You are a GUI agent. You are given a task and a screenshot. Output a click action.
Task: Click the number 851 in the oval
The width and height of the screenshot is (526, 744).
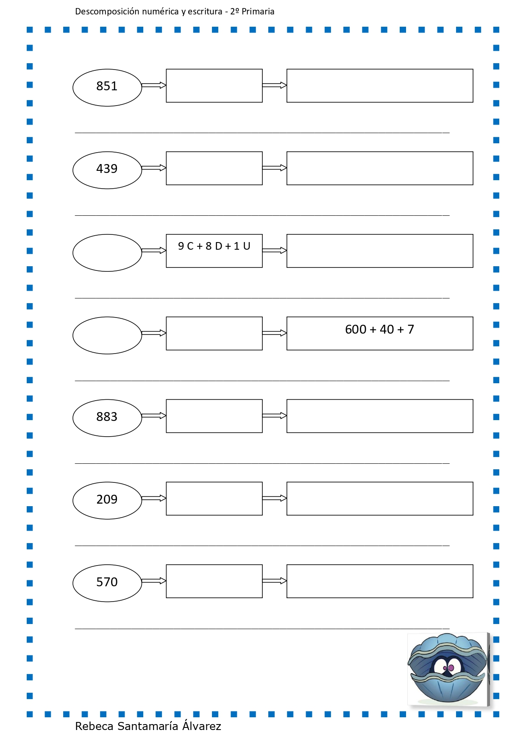107,86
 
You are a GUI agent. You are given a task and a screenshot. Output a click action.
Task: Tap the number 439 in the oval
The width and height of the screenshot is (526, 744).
107,169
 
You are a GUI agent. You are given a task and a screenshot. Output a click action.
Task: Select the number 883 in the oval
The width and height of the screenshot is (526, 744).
107,417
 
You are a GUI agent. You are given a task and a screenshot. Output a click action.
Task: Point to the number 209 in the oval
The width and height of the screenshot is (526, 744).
107,499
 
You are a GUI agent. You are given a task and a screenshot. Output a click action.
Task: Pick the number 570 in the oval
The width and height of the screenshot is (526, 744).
107,582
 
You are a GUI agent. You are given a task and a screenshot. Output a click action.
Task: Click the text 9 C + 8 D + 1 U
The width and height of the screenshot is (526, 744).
214,246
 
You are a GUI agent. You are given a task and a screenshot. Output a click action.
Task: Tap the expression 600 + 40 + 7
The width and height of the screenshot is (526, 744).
379,329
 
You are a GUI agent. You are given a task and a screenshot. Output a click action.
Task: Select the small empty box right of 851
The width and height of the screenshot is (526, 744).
214,69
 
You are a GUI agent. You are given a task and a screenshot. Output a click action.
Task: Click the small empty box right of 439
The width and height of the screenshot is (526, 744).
214,152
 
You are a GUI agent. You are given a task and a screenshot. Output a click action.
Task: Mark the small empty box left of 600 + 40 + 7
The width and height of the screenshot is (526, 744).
214,317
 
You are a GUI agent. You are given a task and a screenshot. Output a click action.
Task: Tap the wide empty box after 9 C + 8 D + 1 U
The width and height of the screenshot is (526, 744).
380,234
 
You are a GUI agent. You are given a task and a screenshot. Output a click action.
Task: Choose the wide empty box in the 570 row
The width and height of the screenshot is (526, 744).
380,565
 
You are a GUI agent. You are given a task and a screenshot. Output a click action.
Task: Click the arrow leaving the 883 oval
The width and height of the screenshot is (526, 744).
154,416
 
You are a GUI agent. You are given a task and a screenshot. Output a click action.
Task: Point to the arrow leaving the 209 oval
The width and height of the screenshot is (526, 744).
154,499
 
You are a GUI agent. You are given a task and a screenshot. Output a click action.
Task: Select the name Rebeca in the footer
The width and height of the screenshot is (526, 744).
95,726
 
